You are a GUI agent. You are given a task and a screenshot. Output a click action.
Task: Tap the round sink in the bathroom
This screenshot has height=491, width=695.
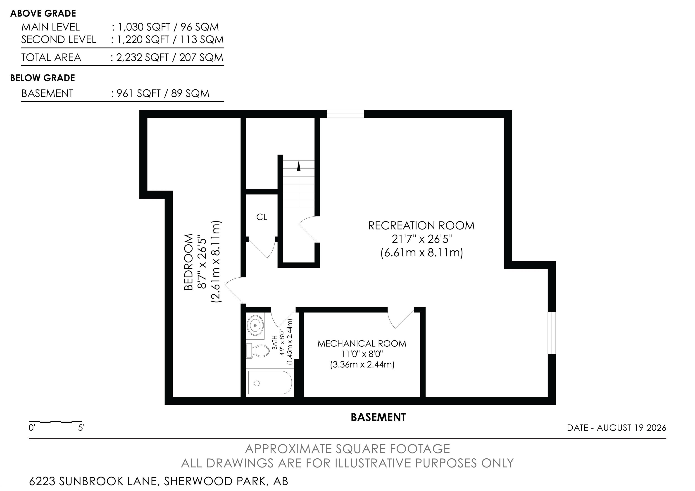click(x=255, y=325)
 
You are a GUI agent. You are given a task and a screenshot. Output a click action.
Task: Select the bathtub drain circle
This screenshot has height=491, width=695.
click(x=257, y=384)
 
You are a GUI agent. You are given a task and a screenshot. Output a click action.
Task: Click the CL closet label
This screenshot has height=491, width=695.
click(x=262, y=217)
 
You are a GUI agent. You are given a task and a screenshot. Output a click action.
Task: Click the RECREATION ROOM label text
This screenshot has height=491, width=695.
click(x=421, y=226)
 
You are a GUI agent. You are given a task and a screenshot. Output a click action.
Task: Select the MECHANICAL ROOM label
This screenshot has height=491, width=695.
click(x=362, y=343)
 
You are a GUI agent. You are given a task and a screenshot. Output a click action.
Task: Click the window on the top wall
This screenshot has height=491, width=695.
click(x=346, y=114)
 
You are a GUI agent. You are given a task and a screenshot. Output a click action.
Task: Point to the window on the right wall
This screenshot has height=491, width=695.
click(x=552, y=332)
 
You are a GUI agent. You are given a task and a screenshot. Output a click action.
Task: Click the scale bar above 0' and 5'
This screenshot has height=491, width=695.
click(x=56, y=421)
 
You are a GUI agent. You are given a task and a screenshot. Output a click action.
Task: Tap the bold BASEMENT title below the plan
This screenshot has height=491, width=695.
click(x=378, y=417)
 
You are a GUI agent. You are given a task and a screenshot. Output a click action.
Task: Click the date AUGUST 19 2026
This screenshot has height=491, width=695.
click(x=631, y=427)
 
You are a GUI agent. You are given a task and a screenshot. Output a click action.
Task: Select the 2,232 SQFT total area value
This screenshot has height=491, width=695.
click(x=142, y=57)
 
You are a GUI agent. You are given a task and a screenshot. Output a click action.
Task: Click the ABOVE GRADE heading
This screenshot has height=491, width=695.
click(x=43, y=13)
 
